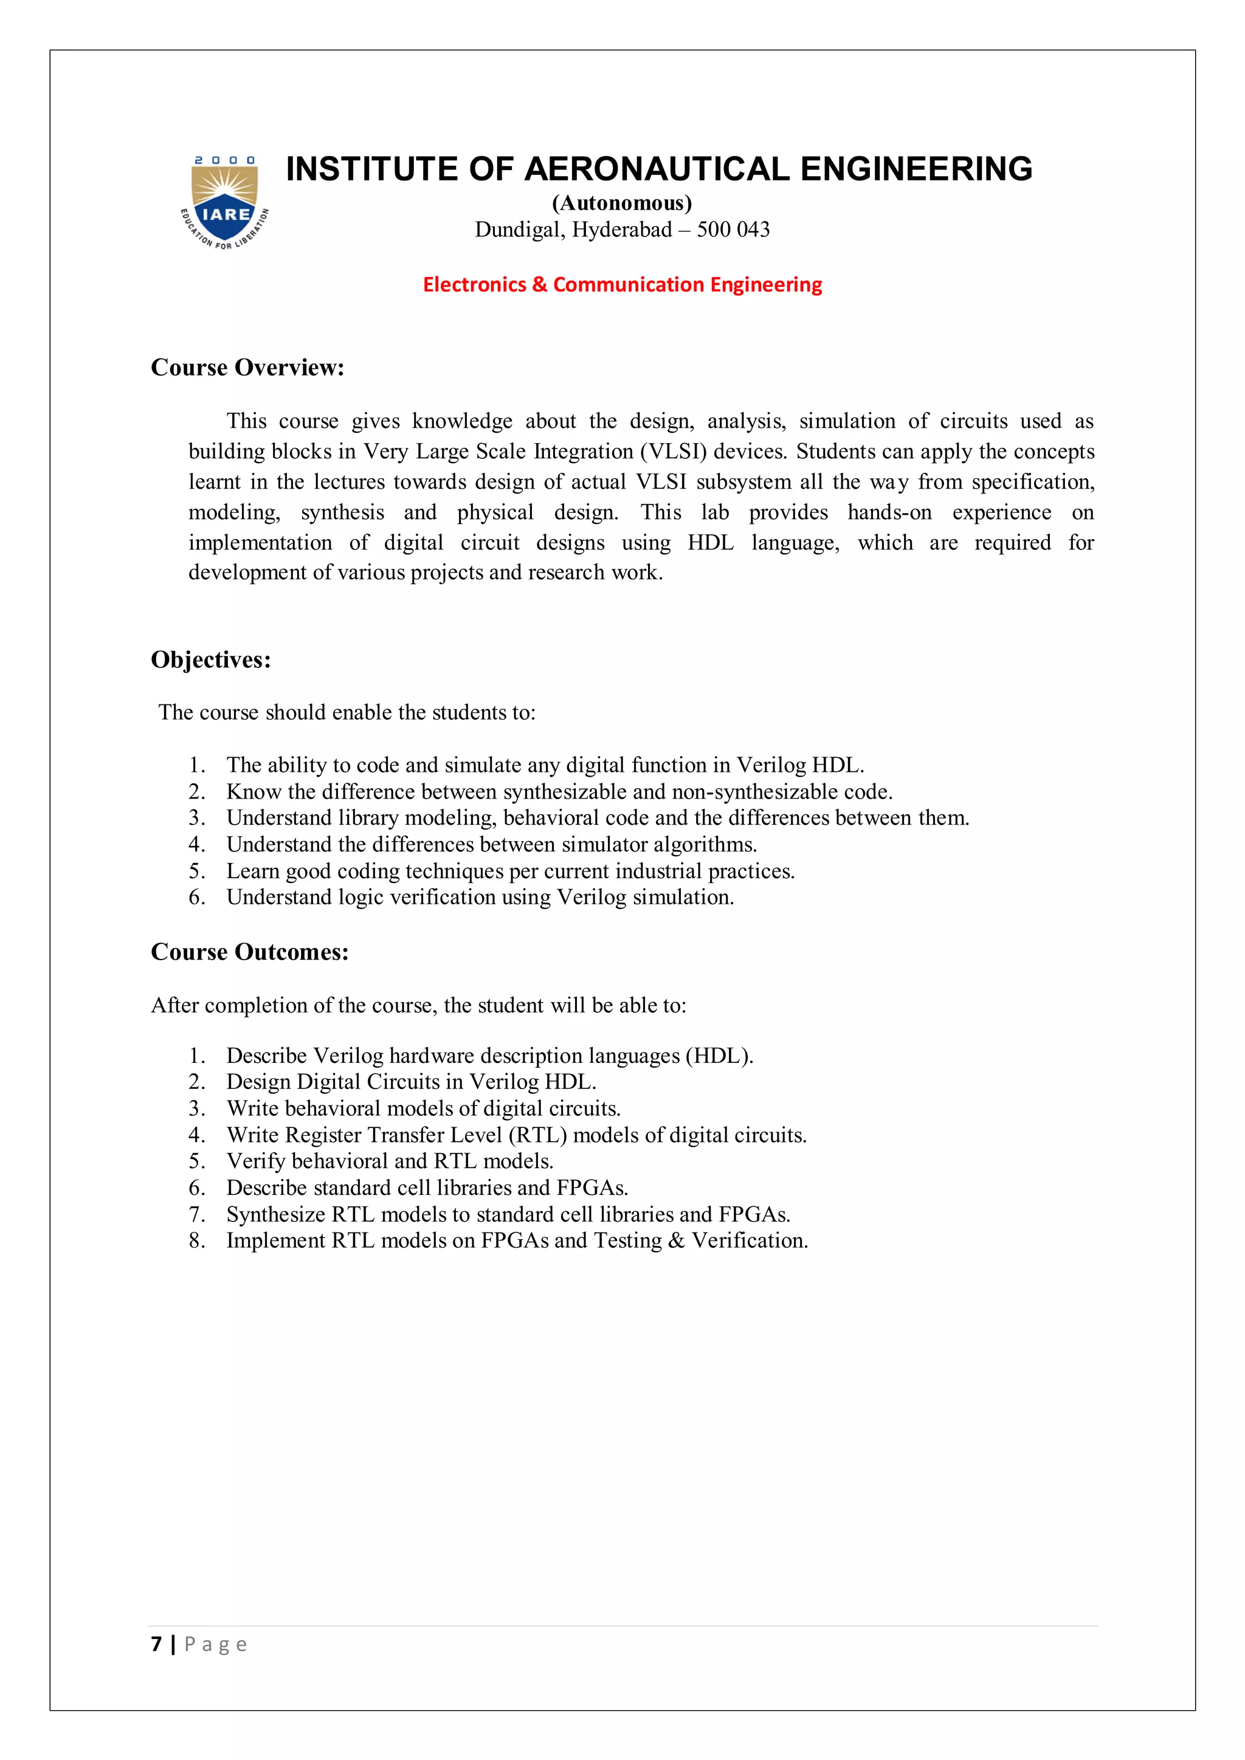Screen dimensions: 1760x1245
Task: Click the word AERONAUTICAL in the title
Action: point(656,170)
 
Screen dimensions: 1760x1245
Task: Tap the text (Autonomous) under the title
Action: point(622,203)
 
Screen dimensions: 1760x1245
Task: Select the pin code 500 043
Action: point(733,230)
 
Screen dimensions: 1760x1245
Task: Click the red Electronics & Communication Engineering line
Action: point(622,284)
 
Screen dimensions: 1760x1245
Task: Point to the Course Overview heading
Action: point(247,367)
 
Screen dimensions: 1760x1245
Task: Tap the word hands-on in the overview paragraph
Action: point(889,512)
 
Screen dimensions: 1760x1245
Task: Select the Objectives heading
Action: point(211,659)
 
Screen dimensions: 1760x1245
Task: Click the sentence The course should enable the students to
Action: point(347,712)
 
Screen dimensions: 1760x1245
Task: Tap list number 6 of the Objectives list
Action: point(197,897)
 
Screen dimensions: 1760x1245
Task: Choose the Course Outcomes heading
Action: point(250,952)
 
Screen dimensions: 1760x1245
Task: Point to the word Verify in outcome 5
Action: point(255,1161)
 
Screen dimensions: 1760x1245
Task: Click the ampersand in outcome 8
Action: point(676,1241)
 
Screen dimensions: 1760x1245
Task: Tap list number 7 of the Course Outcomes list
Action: point(197,1214)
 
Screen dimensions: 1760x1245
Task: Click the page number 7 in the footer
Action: point(156,1643)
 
